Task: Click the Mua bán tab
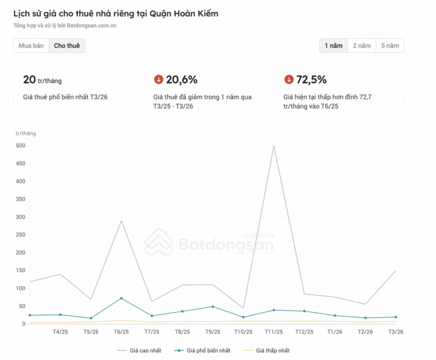tap(31, 45)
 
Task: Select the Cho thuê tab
tap(67, 45)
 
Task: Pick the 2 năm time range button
tap(362, 45)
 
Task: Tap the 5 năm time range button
tap(390, 45)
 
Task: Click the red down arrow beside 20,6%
tap(159, 79)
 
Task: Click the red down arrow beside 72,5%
tap(289, 79)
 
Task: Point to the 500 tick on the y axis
tap(21, 145)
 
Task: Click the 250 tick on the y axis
tap(21, 235)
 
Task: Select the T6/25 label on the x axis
tap(121, 332)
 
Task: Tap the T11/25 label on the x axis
tap(274, 332)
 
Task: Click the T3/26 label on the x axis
tap(395, 332)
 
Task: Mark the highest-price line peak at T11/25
tap(274, 146)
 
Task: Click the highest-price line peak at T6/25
tap(121, 221)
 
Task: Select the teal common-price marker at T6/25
tap(121, 298)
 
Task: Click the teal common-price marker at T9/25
tap(213, 307)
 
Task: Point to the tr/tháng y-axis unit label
tap(26, 133)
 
